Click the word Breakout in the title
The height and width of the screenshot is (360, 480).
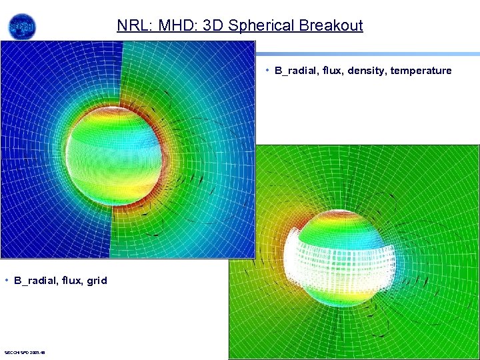coord(331,26)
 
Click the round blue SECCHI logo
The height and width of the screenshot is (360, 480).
coord(22,27)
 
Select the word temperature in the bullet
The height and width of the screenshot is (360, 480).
coord(421,71)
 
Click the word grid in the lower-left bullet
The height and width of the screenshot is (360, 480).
coord(96,281)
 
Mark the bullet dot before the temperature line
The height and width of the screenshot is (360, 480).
coord(267,70)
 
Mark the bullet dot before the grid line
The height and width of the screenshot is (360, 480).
coord(6,280)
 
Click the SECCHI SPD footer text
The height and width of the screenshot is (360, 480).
coord(25,352)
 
